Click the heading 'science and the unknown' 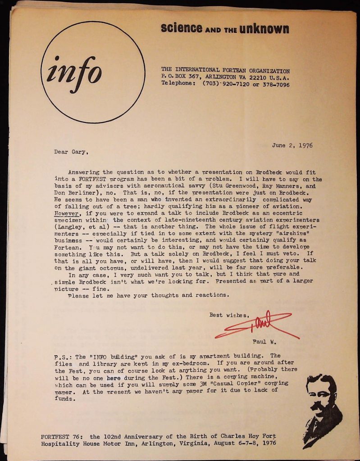click(225, 29)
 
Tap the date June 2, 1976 click(292, 145)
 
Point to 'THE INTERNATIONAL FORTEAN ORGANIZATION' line click(225, 71)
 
